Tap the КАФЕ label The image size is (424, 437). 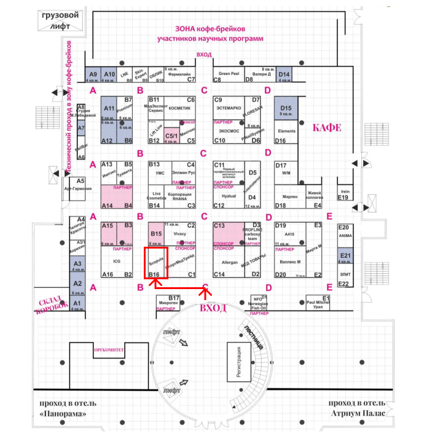[x=326, y=128]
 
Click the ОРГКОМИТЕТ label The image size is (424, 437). [x=109, y=349]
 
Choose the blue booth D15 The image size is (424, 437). [x=286, y=111]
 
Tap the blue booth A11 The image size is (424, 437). [x=109, y=115]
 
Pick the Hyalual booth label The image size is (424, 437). [x=229, y=196]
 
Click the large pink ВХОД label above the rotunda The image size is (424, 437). [x=214, y=307]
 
